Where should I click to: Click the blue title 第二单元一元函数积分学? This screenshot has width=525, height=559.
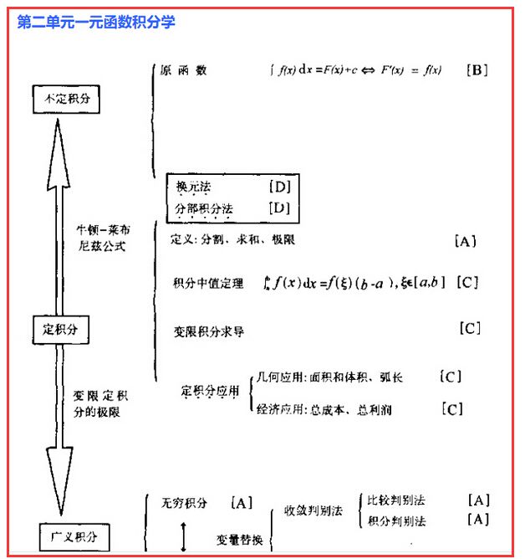96,22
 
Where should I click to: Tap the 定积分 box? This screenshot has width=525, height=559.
59,329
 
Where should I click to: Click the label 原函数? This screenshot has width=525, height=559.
184,70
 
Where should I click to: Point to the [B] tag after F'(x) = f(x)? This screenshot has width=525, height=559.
476,70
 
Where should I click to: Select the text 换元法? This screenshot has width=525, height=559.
194,187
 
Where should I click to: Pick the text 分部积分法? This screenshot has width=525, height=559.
204,208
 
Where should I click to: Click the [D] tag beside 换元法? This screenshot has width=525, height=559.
278,187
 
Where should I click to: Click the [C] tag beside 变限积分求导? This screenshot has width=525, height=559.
470,328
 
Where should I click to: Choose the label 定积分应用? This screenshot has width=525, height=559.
210,392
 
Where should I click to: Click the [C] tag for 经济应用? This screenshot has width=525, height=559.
451,409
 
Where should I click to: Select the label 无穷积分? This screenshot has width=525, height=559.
185,503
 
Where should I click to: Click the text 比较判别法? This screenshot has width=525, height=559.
396,500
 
